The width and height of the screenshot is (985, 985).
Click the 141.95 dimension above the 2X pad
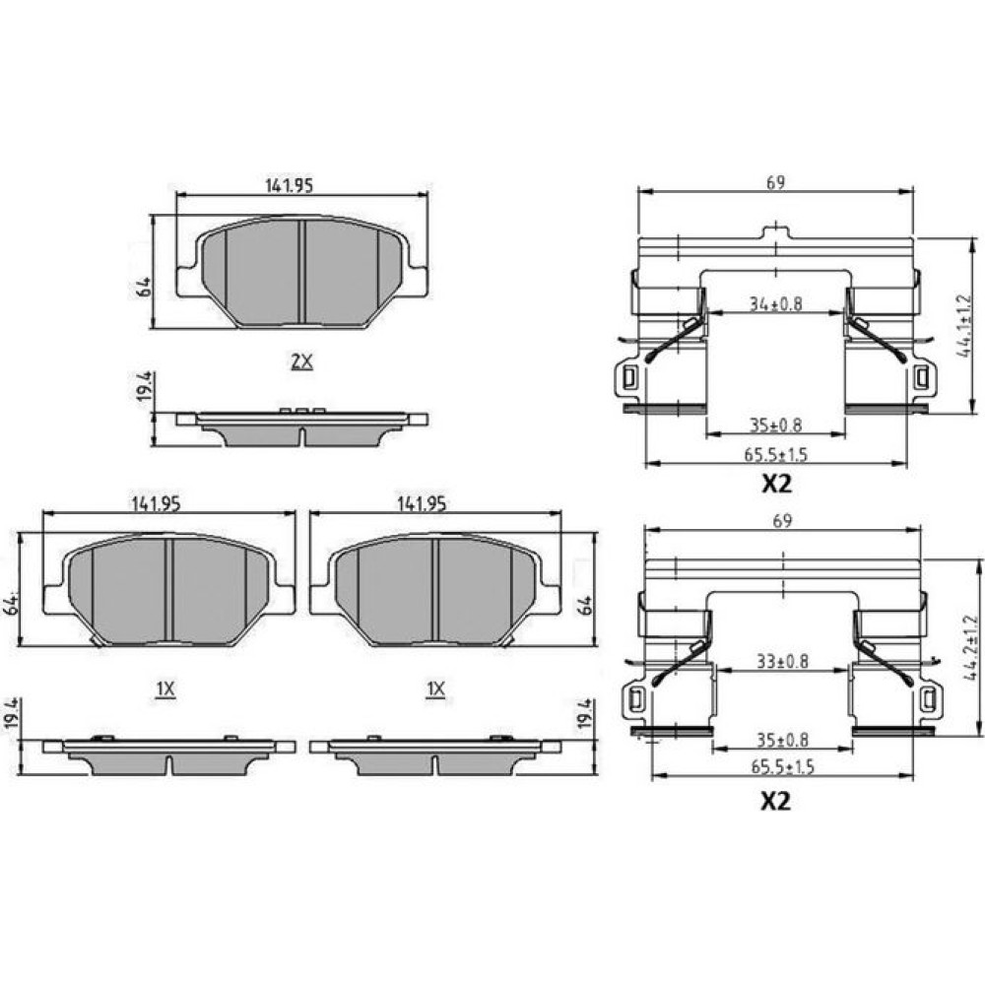(x=289, y=185)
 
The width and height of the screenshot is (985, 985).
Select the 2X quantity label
(x=301, y=361)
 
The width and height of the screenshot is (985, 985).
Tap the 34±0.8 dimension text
(x=776, y=304)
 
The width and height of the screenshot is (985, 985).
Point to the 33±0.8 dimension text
(x=782, y=662)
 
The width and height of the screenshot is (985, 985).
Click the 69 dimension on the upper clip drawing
(x=775, y=182)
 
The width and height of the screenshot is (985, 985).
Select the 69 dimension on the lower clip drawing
(x=782, y=521)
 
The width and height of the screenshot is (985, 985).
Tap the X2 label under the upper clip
(x=776, y=483)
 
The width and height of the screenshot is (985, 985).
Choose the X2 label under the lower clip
(x=775, y=801)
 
